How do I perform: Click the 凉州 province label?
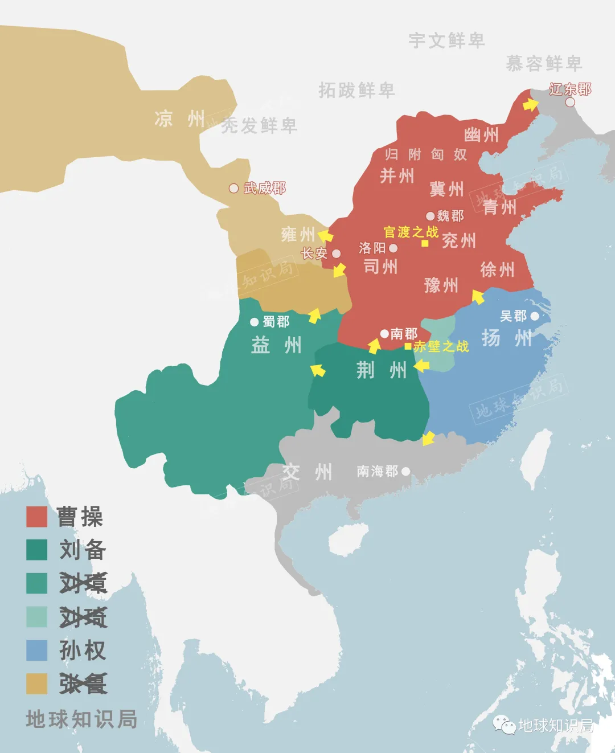(x=179, y=119)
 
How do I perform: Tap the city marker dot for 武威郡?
(x=233, y=188)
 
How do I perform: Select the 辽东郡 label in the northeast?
(x=570, y=89)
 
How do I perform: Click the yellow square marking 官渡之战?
(x=425, y=243)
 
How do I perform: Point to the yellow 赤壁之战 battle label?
(x=441, y=346)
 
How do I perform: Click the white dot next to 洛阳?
(x=393, y=248)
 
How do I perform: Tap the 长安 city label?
(x=314, y=253)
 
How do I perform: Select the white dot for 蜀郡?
(x=255, y=322)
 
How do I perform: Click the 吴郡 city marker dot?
(x=535, y=316)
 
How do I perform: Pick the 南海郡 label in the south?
(x=377, y=471)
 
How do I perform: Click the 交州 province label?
(x=307, y=472)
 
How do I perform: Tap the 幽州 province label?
(x=481, y=135)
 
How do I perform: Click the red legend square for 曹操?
(x=36, y=517)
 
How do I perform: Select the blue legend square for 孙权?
(x=36, y=650)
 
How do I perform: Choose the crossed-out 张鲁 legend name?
(x=83, y=684)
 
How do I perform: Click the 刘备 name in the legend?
(x=83, y=550)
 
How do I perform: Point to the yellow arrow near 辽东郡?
(x=530, y=104)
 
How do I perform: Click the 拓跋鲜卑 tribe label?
(x=356, y=90)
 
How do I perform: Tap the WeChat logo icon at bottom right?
(x=504, y=725)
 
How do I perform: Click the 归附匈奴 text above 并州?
(x=425, y=154)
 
